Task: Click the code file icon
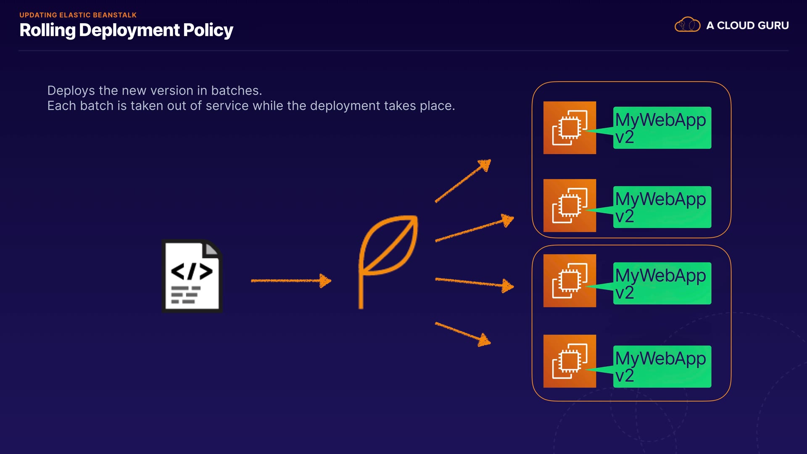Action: (x=192, y=276)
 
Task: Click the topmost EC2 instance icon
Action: (x=570, y=128)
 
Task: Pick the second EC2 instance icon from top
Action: (x=570, y=206)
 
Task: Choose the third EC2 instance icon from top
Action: (x=570, y=280)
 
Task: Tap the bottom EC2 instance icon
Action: (x=570, y=361)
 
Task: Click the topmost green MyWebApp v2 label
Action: (x=662, y=128)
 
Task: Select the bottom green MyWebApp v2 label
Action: (x=662, y=367)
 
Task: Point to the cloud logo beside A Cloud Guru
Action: (x=687, y=25)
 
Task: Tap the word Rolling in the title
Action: (x=47, y=30)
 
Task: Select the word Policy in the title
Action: (x=208, y=30)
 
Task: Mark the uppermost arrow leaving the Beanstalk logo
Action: (x=463, y=181)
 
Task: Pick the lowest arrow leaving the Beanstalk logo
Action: (x=463, y=334)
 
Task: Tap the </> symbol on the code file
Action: (x=192, y=271)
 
